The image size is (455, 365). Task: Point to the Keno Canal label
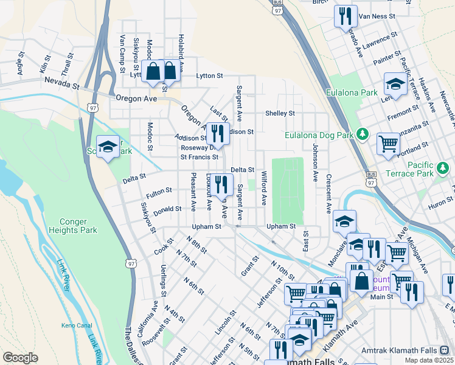point(76,326)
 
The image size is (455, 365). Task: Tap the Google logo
point(20,358)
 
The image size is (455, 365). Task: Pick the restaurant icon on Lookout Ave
point(222,183)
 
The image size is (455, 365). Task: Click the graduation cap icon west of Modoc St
point(108,147)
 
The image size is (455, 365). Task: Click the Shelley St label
point(280,113)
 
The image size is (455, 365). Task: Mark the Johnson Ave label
point(315,162)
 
